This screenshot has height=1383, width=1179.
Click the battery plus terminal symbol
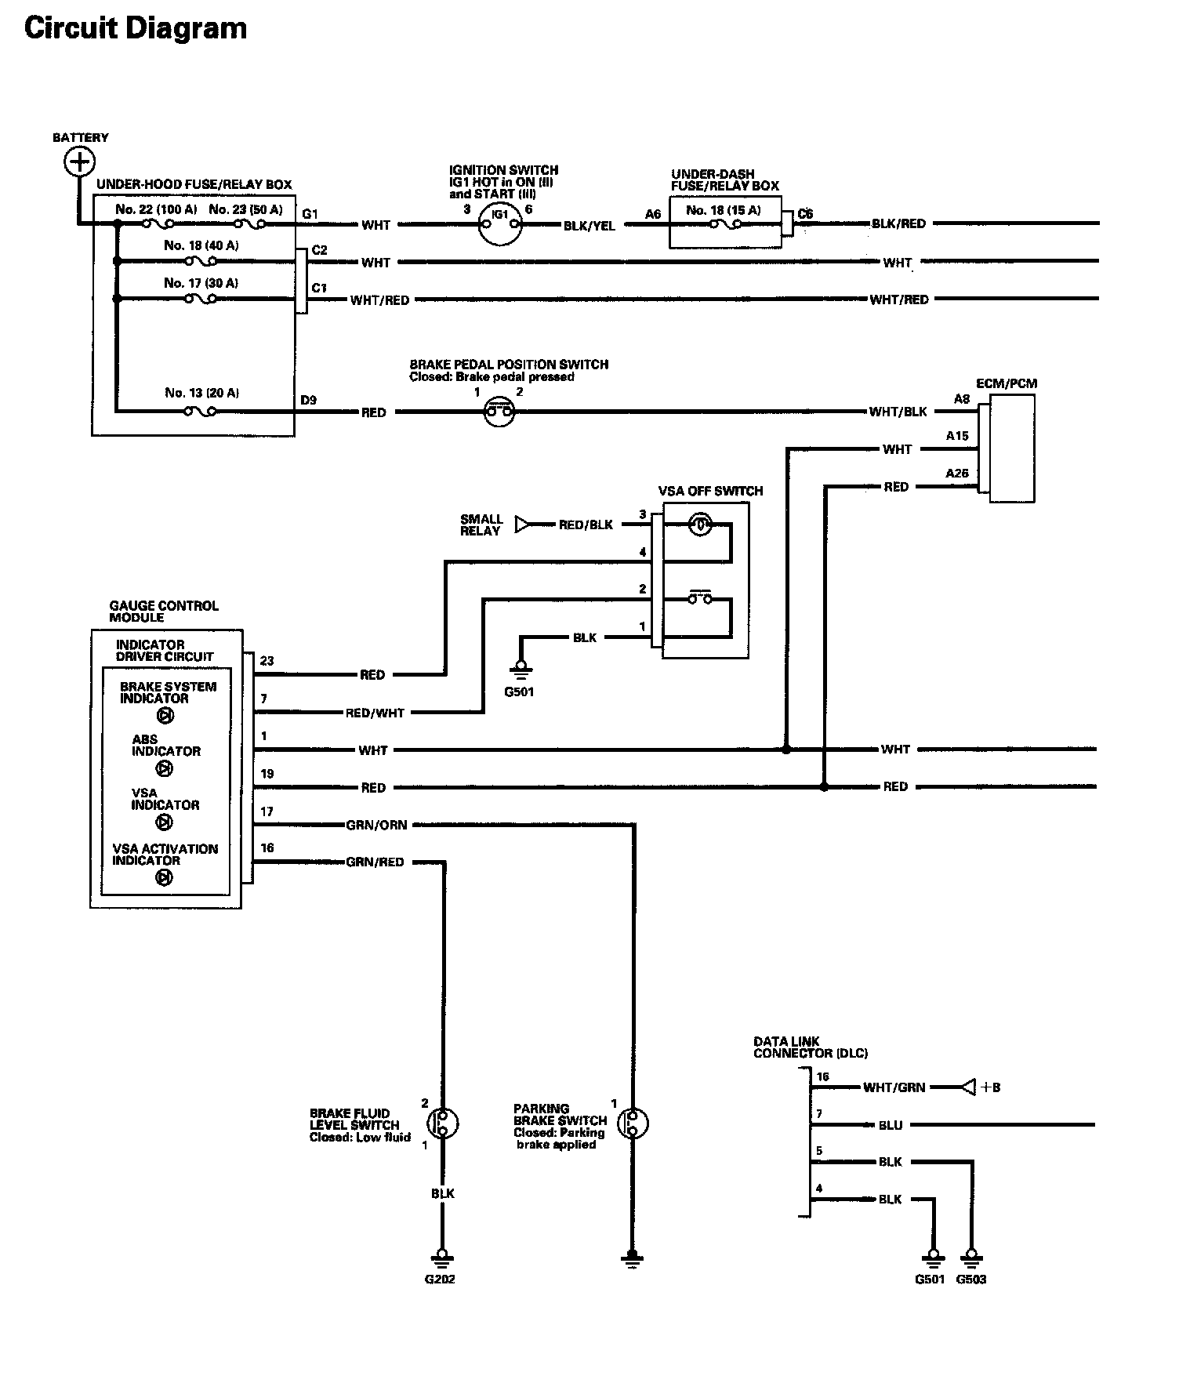tap(78, 162)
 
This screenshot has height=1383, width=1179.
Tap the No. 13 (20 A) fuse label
tap(201, 393)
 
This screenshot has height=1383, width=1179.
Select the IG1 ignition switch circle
tap(500, 224)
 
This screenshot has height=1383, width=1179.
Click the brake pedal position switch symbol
tap(499, 411)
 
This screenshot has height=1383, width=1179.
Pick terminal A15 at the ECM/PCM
tap(957, 436)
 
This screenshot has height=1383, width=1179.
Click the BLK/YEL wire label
tap(589, 226)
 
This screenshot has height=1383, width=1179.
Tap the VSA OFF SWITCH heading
tap(710, 491)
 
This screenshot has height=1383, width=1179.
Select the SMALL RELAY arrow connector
tap(522, 525)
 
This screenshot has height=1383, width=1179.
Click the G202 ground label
tap(440, 1280)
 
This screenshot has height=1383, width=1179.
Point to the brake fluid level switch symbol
tap(444, 1123)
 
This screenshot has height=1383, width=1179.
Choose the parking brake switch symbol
tap(633, 1123)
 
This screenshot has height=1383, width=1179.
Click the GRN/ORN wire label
tap(376, 825)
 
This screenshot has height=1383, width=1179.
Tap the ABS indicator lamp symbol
tap(165, 769)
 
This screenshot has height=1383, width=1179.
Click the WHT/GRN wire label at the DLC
tap(894, 1087)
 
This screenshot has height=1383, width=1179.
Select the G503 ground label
tap(971, 1280)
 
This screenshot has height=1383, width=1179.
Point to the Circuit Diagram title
tap(136, 28)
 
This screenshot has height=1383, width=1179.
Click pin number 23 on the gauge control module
tap(267, 661)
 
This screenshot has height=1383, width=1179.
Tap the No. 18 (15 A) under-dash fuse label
tap(723, 210)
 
